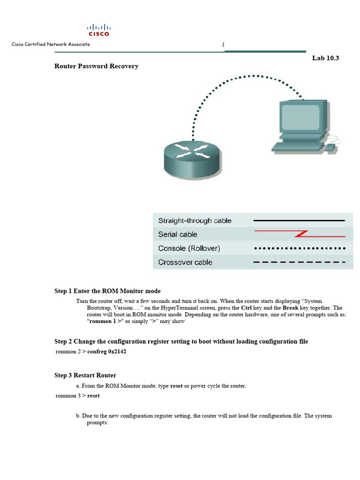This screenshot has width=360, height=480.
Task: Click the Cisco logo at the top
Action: pos(98,30)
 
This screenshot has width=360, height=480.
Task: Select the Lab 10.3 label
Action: pos(325,58)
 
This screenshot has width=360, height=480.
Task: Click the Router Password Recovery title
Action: pos(96,66)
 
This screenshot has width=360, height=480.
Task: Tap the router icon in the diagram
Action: pos(185,157)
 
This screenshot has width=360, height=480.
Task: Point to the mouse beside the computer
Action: pos(330,148)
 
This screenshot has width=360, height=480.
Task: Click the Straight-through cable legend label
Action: pos(195,220)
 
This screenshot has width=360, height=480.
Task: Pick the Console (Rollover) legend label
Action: pos(189,248)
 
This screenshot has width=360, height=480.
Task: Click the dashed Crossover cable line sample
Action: pos(299,262)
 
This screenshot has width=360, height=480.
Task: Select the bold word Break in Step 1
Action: pos(291,307)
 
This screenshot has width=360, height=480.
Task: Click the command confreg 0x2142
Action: pos(107,352)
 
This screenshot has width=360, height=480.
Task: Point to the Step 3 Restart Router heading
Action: pos(85,375)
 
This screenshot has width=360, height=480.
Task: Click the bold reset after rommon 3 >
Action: pos(93,396)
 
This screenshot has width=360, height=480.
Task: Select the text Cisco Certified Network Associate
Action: pos(51,44)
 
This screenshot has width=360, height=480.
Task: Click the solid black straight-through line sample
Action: pos(299,220)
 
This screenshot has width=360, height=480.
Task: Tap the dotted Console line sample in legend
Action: pos(299,248)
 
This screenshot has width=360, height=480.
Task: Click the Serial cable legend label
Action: pos(178,234)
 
